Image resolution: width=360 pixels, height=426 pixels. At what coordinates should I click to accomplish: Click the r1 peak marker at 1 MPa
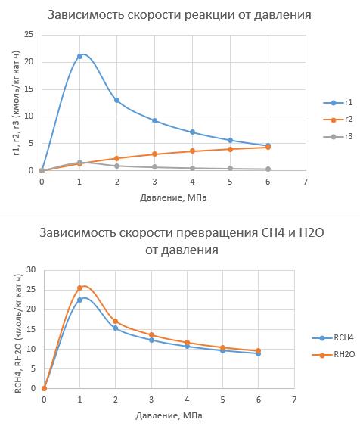79,56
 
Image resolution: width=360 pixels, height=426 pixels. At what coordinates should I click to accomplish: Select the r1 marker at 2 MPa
116,100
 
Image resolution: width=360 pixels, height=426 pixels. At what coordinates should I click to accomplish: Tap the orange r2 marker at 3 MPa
154,154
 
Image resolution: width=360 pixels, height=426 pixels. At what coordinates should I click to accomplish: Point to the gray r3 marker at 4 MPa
192,168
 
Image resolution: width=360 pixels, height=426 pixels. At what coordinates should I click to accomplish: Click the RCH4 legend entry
331,339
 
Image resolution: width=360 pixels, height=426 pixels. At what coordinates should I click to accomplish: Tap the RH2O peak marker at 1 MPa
79,288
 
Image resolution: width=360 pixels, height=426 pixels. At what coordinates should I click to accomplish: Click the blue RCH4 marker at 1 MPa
79,300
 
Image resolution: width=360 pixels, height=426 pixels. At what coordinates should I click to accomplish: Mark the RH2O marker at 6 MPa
258,350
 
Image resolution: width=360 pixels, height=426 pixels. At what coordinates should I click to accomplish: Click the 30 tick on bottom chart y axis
31,269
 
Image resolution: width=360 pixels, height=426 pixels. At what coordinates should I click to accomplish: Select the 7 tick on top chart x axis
305,182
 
